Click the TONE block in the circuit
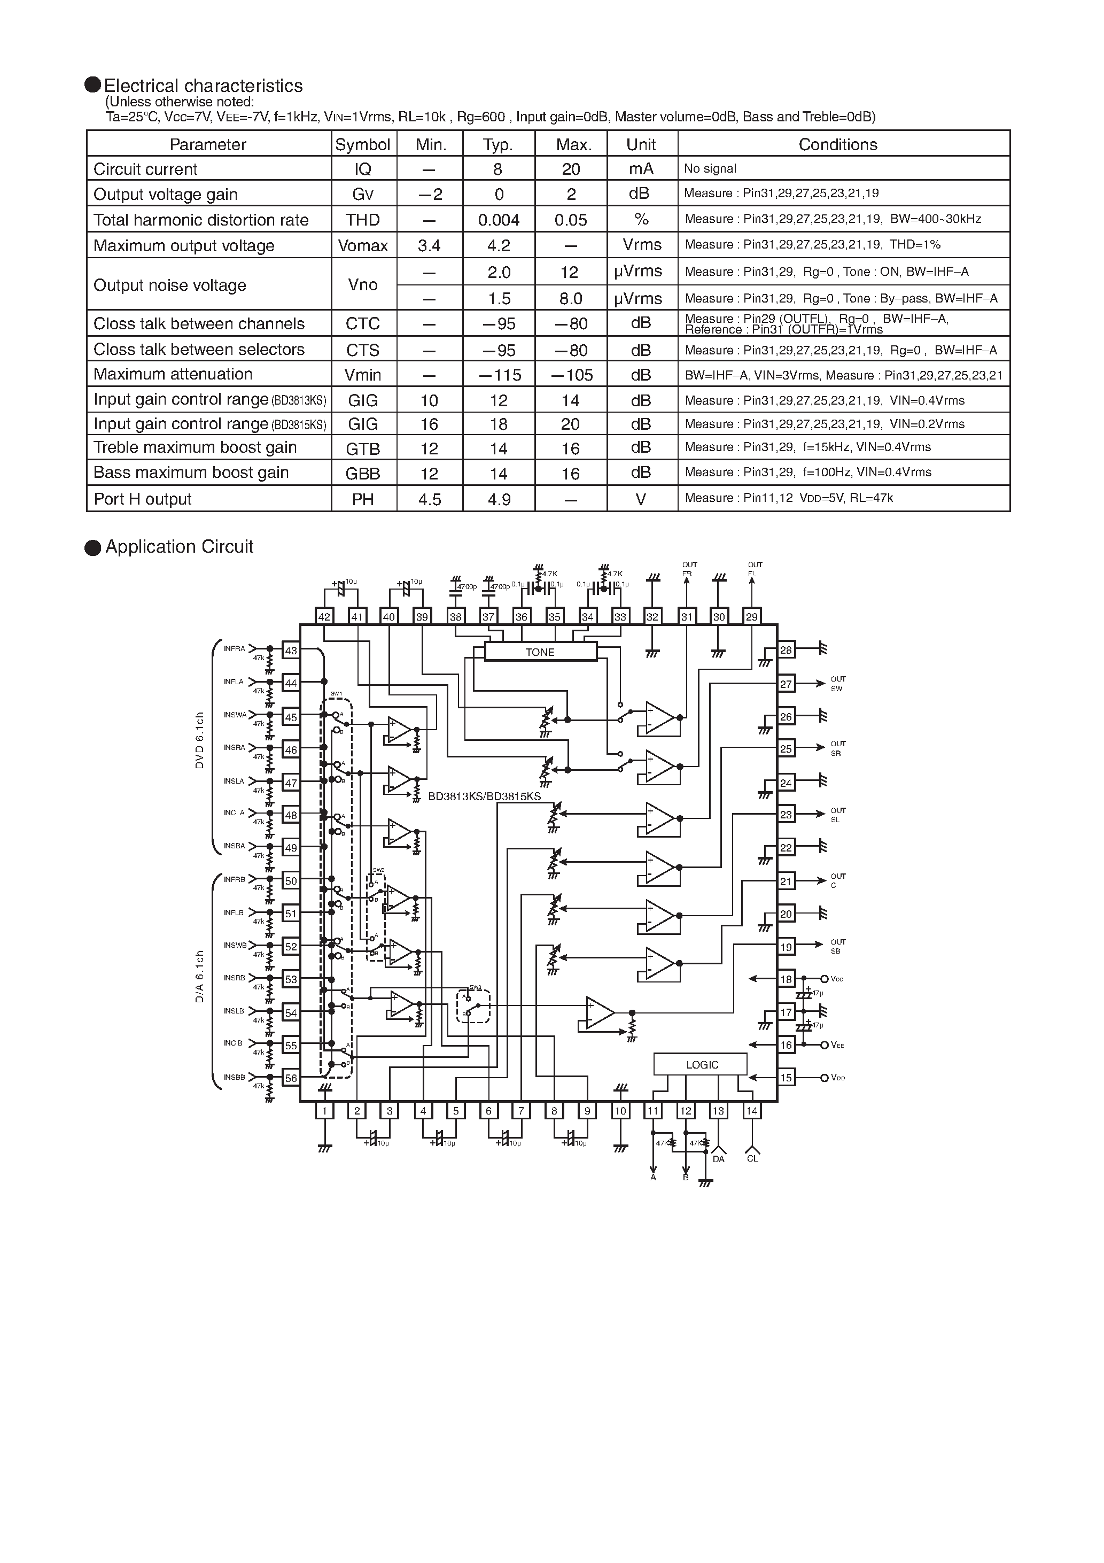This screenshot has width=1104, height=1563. pyautogui.click(x=540, y=652)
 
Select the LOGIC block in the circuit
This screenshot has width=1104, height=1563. pyautogui.click(x=701, y=1065)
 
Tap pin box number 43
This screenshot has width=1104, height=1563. pyautogui.click(x=291, y=650)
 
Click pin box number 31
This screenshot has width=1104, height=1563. pyautogui.click(x=686, y=617)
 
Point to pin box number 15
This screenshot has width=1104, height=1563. pyautogui.click(x=786, y=1078)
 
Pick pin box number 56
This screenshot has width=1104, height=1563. pyautogui.click(x=291, y=1078)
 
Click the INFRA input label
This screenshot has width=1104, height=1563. pyautogui.click(x=234, y=649)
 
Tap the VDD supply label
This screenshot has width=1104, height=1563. pyautogui.click(x=838, y=1078)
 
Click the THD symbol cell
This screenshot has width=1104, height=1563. pyautogui.click(x=362, y=220)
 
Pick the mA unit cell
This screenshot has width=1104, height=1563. pyautogui.click(x=641, y=169)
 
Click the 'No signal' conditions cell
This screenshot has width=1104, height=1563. pyautogui.click(x=710, y=169)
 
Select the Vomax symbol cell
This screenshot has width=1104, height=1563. pyautogui.click(x=362, y=246)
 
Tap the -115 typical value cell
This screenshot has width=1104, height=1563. pyautogui.click(x=499, y=375)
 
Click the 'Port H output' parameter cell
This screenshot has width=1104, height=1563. pyautogui.click(x=142, y=499)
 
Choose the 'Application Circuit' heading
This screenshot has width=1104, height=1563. pyautogui.click(x=179, y=547)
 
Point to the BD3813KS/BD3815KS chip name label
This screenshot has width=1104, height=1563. pyautogui.click(x=484, y=796)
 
